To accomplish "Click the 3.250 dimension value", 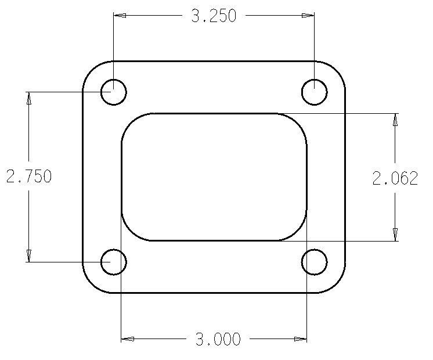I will pyautogui.click(x=214, y=16).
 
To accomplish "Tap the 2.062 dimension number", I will pyautogui.click(x=395, y=178).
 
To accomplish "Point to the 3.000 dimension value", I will pyautogui.click(x=218, y=339).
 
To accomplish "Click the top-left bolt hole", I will pyautogui.click(x=114, y=92).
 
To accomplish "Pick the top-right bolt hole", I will pyautogui.click(x=315, y=92).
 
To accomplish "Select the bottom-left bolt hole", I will pyautogui.click(x=114, y=262).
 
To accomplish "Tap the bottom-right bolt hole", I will pyautogui.click(x=315, y=262).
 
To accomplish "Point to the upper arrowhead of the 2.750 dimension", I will pyautogui.click(x=28, y=98).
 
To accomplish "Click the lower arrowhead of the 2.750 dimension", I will pyautogui.click(x=28, y=255).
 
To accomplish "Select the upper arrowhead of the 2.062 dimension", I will pyautogui.click(x=395, y=120).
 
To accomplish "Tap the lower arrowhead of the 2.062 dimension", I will pyautogui.click(x=395, y=234).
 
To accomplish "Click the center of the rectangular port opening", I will pyautogui.click(x=214, y=177).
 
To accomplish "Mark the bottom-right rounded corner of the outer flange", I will pyautogui.click(x=336, y=283).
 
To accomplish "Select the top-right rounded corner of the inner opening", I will pyautogui.click(x=298, y=123).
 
